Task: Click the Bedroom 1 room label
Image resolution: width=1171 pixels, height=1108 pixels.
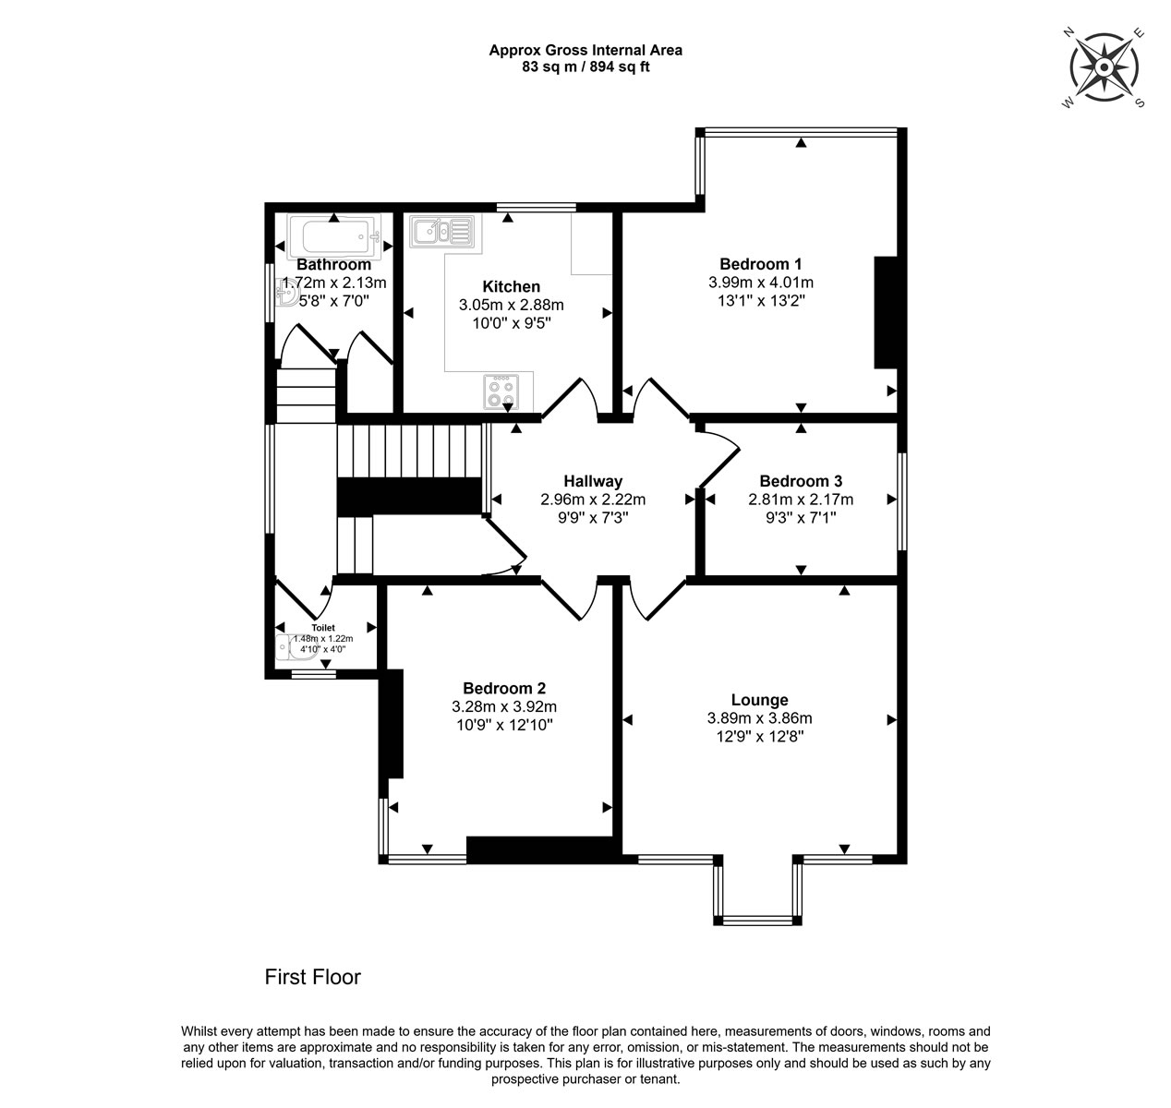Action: (x=760, y=263)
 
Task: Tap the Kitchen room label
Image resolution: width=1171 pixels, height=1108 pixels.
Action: (x=511, y=286)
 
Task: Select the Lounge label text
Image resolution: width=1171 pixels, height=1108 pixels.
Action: (x=759, y=699)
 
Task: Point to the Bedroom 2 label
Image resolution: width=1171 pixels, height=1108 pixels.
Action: (x=504, y=688)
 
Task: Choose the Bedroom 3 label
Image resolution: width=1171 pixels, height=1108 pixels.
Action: (x=801, y=481)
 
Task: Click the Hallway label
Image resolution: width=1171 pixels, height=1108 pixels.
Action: (x=593, y=481)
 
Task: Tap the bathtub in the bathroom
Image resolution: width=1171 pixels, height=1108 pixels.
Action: (x=333, y=236)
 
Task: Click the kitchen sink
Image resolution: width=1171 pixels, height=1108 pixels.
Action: (x=442, y=231)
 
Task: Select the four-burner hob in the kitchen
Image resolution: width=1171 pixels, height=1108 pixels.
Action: (x=501, y=392)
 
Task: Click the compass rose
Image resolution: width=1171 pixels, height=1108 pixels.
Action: (x=1104, y=68)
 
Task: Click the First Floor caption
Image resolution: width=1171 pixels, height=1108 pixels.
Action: (x=313, y=977)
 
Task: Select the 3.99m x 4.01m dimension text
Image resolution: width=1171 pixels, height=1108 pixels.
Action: (x=761, y=282)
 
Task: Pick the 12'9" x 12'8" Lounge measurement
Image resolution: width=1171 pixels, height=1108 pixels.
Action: (x=760, y=736)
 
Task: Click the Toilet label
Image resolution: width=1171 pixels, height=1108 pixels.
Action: (x=323, y=627)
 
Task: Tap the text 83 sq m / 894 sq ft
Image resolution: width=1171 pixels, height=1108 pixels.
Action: (x=585, y=66)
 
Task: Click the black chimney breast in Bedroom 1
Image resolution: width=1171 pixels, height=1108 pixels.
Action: (x=886, y=312)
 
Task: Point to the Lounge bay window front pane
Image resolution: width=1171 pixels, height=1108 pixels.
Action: (x=757, y=921)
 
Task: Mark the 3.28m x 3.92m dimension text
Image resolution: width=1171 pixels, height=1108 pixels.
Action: (x=504, y=706)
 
